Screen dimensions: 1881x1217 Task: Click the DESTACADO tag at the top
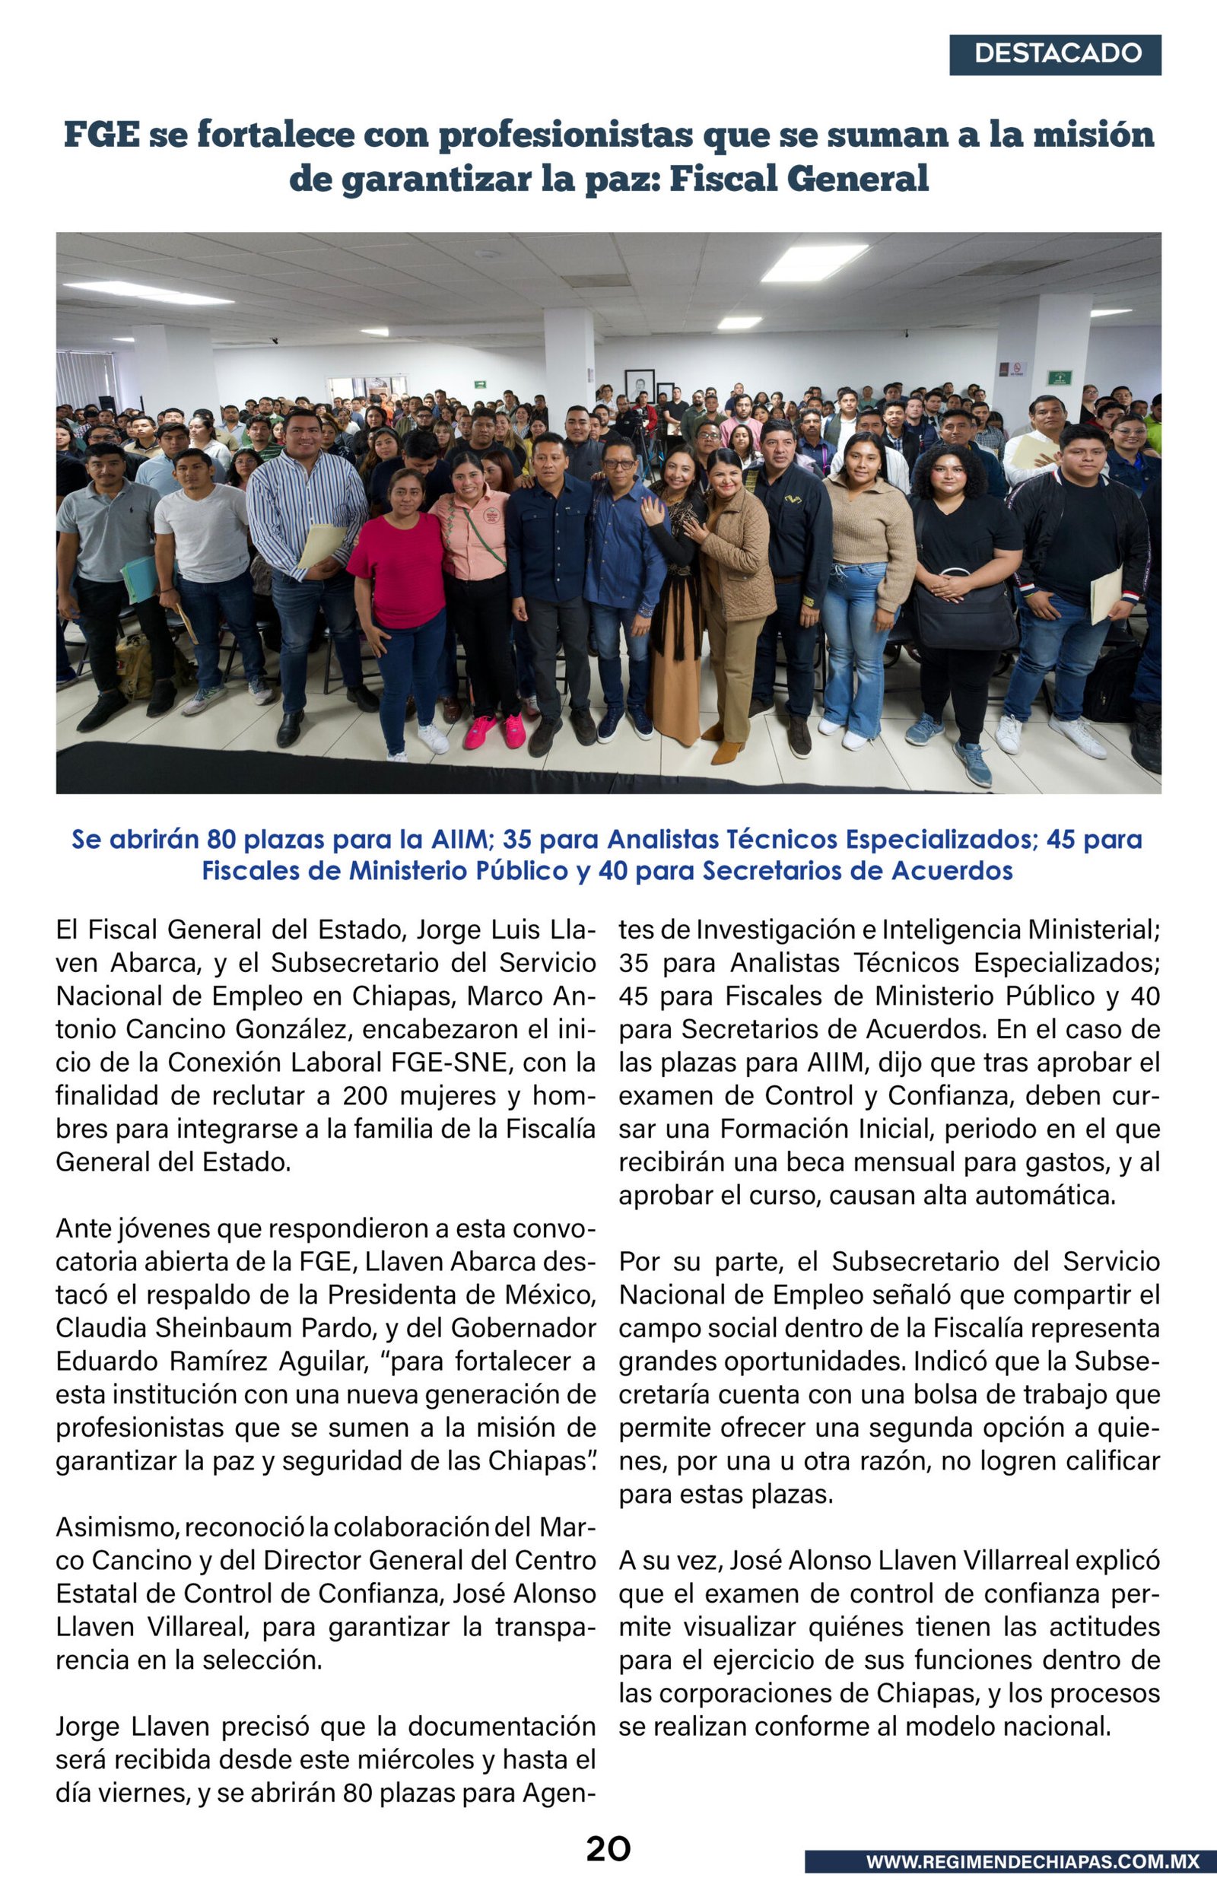point(1055,55)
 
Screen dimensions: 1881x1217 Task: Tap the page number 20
point(608,1848)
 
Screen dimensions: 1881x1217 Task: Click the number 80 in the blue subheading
point(222,839)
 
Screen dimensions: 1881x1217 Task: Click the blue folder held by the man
point(141,578)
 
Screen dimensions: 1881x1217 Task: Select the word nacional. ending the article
point(1057,1726)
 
